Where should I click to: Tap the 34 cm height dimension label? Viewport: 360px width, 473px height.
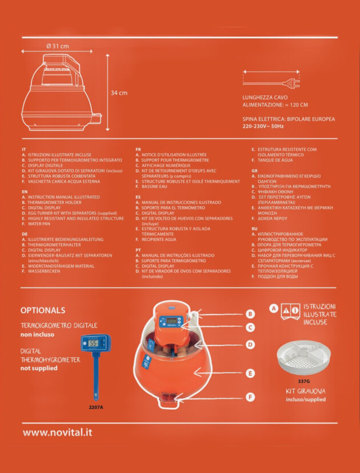click(x=119, y=92)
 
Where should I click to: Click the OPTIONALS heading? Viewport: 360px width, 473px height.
click(x=43, y=310)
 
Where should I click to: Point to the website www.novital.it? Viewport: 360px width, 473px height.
click(x=58, y=432)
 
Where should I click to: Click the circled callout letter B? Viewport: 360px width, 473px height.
click(x=250, y=314)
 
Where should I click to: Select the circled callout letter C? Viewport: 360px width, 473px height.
click(x=250, y=327)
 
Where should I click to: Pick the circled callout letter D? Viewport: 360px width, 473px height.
click(x=250, y=344)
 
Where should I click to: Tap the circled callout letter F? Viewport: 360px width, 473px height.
click(x=250, y=396)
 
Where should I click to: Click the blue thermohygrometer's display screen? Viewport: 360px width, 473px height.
click(x=94, y=344)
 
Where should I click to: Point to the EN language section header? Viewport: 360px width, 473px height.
click(x=25, y=192)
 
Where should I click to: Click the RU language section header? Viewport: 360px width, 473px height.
click(x=255, y=229)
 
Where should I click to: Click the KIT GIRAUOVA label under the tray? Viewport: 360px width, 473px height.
click(x=305, y=391)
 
